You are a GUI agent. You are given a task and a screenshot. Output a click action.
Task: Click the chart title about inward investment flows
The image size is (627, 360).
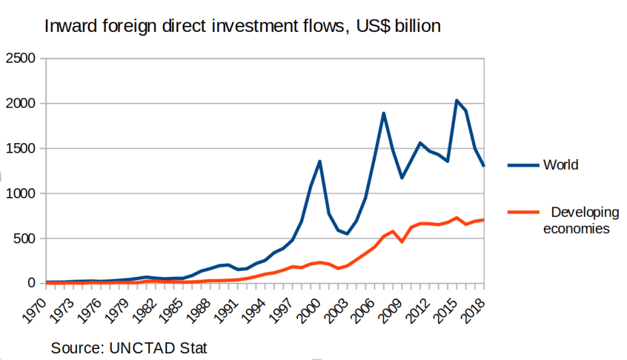243,27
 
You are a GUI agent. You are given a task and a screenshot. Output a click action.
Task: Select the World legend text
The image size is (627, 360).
561,165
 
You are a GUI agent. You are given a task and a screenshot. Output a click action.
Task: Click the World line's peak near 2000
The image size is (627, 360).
320,162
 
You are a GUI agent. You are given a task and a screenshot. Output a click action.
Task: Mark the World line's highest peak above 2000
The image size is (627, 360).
456,101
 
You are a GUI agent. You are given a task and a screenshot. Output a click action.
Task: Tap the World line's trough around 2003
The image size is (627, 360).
347,234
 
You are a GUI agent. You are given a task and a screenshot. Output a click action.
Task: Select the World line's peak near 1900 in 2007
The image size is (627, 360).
384,113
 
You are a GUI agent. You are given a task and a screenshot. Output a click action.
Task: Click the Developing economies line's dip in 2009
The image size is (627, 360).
402,241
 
